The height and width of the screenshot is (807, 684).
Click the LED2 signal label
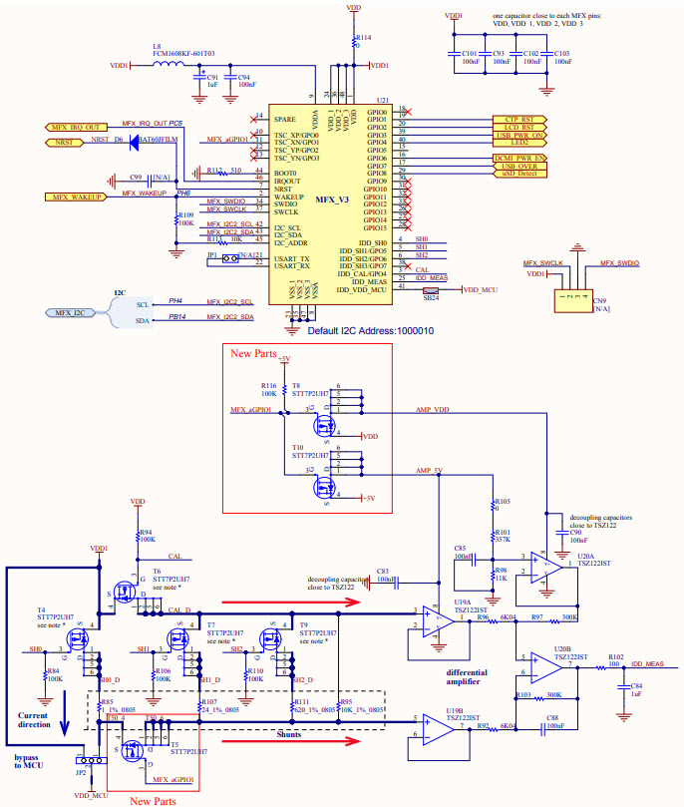[519, 143]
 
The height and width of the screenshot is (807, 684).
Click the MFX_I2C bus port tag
[73, 312]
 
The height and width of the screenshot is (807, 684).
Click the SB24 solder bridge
[431, 290]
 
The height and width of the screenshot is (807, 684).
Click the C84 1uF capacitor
[626, 687]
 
